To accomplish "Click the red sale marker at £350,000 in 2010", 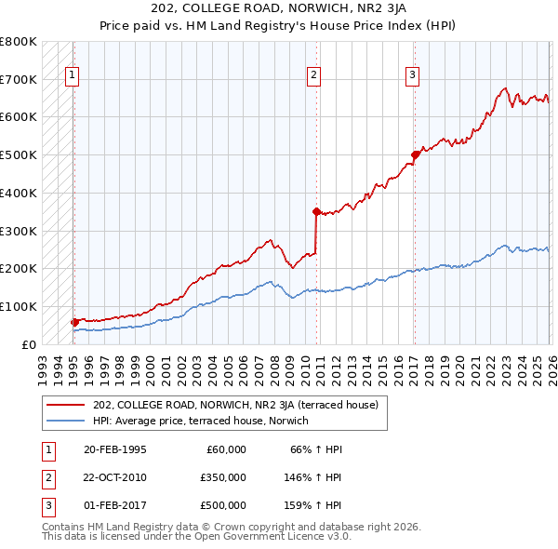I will pyautogui.click(x=316, y=211).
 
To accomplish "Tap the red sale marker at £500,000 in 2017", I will pyautogui.click(x=414, y=155).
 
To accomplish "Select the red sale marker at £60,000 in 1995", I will pyautogui.click(x=74, y=322).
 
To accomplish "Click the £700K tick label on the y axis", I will pyautogui.click(x=19, y=80).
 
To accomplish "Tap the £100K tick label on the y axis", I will pyautogui.click(x=19, y=306).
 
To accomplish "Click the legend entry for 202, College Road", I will pyautogui.click(x=234, y=405).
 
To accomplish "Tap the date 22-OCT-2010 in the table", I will pyautogui.click(x=115, y=477).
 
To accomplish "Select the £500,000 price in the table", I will pyautogui.click(x=222, y=505).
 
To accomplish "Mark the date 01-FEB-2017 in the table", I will pyautogui.click(x=115, y=505).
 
